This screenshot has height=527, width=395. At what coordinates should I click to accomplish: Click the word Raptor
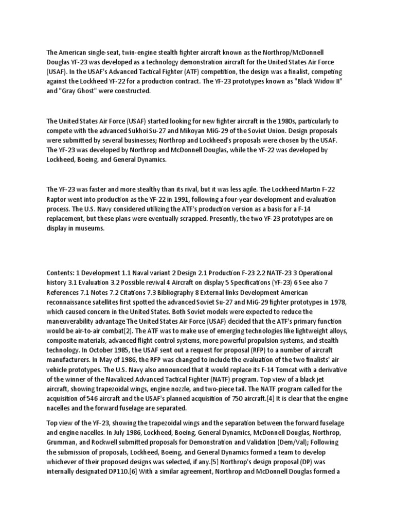point(59,200)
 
